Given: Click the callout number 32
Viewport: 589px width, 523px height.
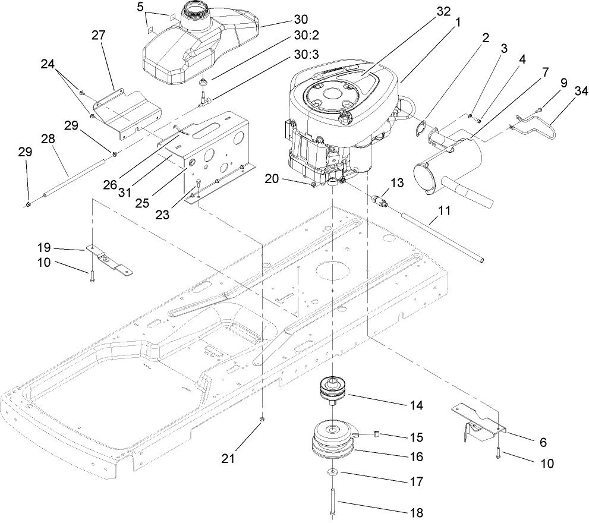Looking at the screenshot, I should (x=443, y=11).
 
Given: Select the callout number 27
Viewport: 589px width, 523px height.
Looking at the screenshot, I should (x=98, y=36).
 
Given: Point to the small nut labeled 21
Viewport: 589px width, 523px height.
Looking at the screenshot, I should (x=262, y=420).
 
